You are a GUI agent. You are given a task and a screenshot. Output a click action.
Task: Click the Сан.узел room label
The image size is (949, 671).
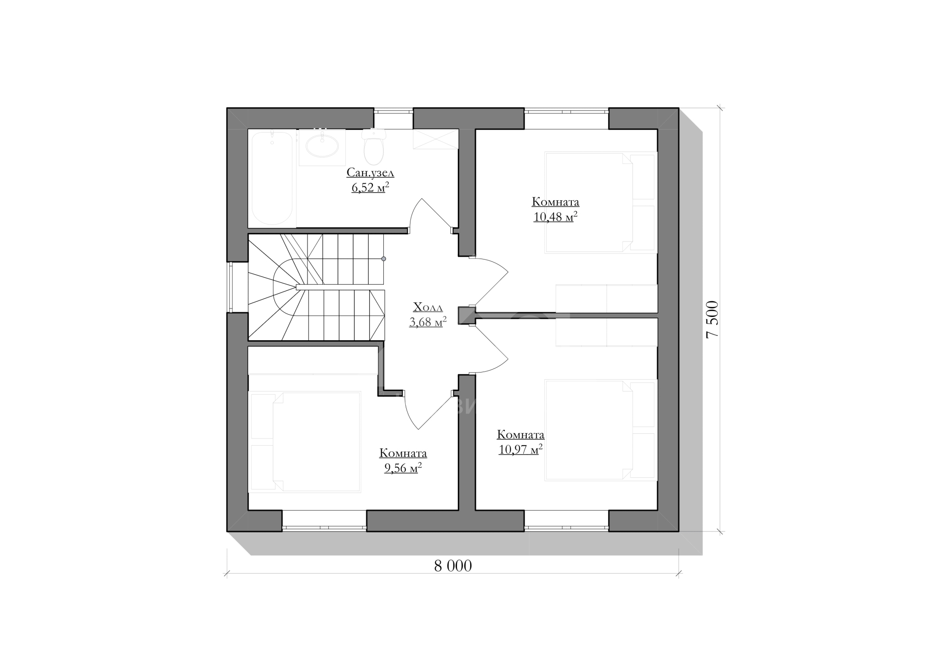pyautogui.click(x=370, y=172)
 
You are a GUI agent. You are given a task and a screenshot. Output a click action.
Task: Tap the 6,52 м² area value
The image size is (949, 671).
pyautogui.click(x=370, y=187)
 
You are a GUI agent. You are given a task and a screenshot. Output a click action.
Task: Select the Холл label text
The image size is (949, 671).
pyautogui.click(x=428, y=307)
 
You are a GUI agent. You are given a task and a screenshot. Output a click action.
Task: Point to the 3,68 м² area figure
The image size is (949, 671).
pyautogui.click(x=428, y=322)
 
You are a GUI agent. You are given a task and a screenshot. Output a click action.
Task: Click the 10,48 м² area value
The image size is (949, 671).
pyautogui.click(x=555, y=217)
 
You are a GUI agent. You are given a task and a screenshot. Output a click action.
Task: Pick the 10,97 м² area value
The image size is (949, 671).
pyautogui.click(x=521, y=449)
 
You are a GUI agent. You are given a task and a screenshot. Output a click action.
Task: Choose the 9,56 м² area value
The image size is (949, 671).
pyautogui.click(x=403, y=468)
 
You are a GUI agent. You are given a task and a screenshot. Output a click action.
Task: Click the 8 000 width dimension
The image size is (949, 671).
pyautogui.click(x=453, y=566)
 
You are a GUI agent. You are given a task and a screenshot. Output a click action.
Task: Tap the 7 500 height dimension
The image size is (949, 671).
pyautogui.click(x=713, y=319)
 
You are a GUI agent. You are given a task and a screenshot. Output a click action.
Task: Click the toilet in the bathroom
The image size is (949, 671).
pyautogui.click(x=374, y=147)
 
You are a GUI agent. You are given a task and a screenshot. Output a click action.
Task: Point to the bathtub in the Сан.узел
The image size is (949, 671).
pyautogui.click(x=272, y=178)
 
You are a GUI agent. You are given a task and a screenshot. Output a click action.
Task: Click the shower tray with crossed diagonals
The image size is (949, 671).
pyautogui.click(x=436, y=139)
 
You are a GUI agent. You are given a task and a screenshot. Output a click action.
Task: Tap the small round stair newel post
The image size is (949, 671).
pyautogui.click(x=383, y=259)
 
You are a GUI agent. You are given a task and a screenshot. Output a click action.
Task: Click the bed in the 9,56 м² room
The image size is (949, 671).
pyautogui.click(x=305, y=442)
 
